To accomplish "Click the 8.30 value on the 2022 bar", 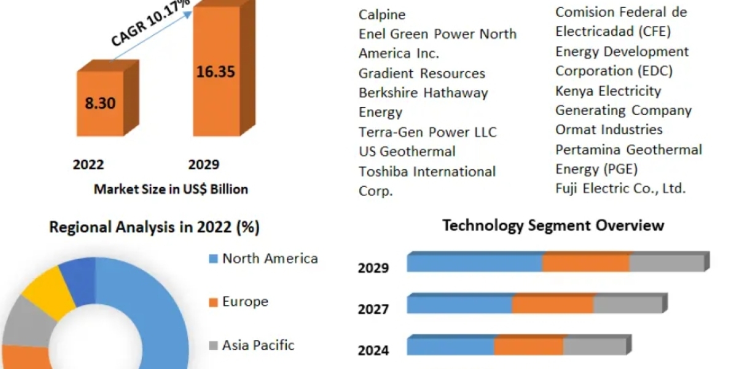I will (x=100, y=103).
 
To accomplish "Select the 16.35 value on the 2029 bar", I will (x=216, y=71).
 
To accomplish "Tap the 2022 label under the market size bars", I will (x=88, y=164).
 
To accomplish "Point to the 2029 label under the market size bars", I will (x=204, y=164).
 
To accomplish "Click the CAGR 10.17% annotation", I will (x=151, y=25).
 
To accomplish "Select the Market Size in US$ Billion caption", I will (x=171, y=189).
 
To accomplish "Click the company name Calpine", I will (x=382, y=14).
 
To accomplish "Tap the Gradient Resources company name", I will (x=422, y=73).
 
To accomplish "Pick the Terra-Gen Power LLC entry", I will (x=427, y=132).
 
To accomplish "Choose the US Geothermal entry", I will (x=407, y=151).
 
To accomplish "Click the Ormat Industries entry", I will (x=601, y=130).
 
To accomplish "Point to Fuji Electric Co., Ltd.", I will (x=620, y=188).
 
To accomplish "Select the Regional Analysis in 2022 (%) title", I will (x=154, y=228).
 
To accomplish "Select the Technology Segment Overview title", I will (x=553, y=225).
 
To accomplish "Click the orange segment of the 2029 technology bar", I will (x=585, y=263).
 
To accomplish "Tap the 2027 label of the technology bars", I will (x=373, y=309).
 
